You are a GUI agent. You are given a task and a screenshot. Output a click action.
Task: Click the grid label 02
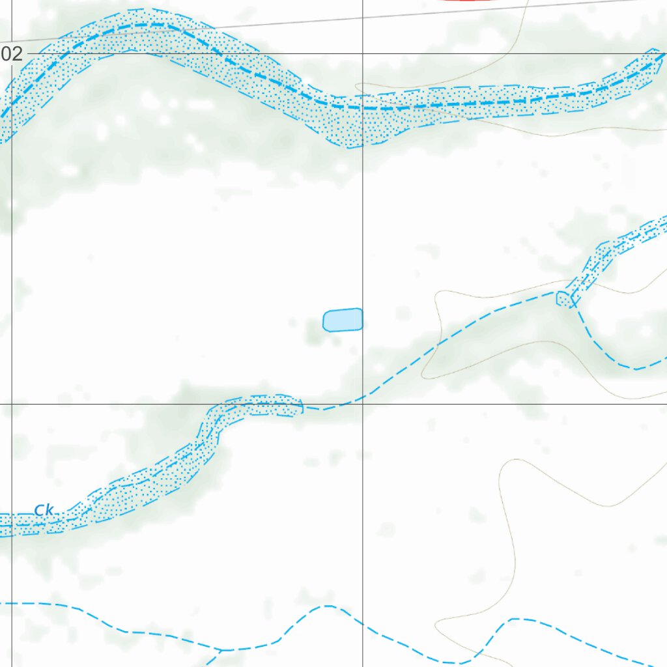(x=11, y=54)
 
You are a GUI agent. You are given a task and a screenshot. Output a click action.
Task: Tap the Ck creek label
(x=44, y=510)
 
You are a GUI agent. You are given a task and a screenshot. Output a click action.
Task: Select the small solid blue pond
(x=343, y=320)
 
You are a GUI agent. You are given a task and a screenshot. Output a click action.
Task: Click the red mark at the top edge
(x=466, y=1)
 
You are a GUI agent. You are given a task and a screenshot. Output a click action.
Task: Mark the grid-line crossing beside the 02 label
(x=12, y=54)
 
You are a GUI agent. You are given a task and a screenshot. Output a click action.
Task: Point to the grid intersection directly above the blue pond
(x=362, y=54)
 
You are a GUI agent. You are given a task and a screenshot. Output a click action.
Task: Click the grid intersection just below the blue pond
(x=362, y=404)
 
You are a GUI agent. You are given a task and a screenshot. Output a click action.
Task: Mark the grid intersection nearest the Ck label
(x=12, y=404)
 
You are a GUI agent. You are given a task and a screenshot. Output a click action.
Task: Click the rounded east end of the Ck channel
(x=301, y=408)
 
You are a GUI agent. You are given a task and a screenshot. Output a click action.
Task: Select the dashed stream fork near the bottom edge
(x=221, y=649)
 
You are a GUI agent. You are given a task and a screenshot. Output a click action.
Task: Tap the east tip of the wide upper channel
(x=659, y=53)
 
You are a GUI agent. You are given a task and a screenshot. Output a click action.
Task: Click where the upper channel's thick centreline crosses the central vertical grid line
(x=362, y=107)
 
